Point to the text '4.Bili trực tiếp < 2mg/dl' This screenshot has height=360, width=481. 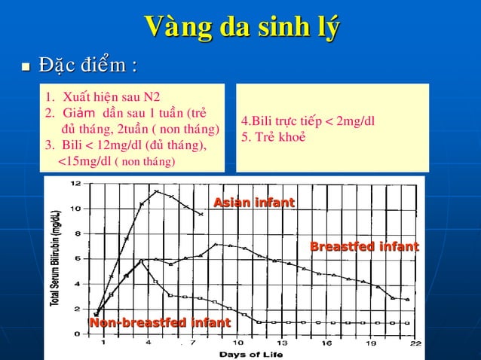308,121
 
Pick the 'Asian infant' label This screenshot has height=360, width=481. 254,203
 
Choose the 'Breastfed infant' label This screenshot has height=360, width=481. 364,246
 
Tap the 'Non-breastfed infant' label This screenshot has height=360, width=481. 160,323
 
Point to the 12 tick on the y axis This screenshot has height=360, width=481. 77,184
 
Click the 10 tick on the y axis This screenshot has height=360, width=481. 77,209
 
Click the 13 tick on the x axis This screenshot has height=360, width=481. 280,343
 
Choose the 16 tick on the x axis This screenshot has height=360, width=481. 326,343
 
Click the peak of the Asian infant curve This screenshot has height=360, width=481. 156,191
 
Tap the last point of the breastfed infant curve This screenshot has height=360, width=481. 408,300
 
